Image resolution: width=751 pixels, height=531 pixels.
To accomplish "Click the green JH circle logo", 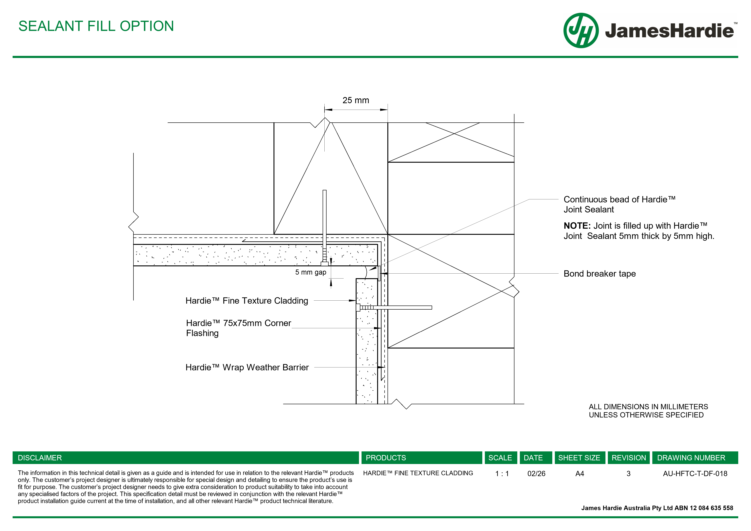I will click(x=581, y=30).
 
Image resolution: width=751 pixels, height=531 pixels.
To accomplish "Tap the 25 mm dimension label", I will click(x=356, y=100).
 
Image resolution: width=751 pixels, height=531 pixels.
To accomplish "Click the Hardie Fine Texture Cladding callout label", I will click(x=247, y=301).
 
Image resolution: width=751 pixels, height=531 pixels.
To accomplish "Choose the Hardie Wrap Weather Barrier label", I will click(x=247, y=367).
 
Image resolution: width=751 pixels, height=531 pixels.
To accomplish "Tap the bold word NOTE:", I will click(x=577, y=226).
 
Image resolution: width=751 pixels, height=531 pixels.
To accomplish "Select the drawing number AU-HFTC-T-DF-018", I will click(x=695, y=473).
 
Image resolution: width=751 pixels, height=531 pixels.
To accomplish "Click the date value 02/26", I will click(x=536, y=473).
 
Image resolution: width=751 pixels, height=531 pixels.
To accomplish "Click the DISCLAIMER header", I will click(x=40, y=458).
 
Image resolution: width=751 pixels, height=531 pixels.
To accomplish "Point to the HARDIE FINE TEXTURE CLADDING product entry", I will click(x=418, y=473).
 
